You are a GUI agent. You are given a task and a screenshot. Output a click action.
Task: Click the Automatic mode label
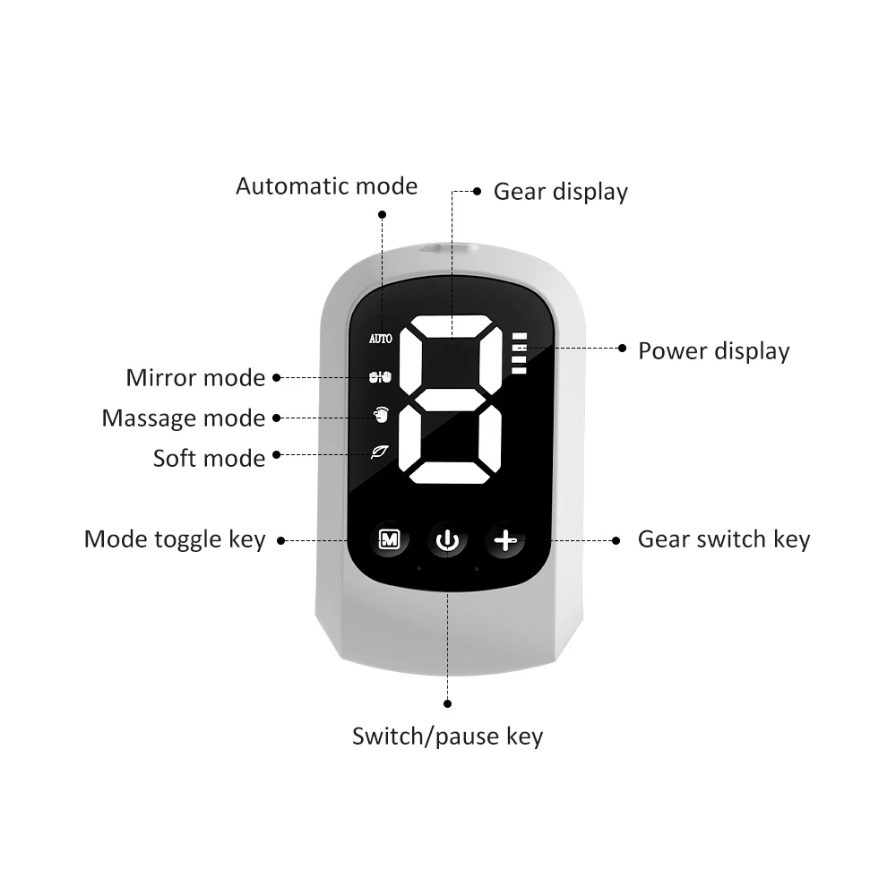[x=326, y=186]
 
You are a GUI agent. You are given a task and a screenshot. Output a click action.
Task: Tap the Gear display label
[x=561, y=192]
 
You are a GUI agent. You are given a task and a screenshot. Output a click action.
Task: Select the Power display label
[x=713, y=350]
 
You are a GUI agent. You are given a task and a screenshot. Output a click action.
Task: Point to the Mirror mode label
[x=195, y=378]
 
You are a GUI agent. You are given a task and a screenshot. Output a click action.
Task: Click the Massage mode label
[x=184, y=418]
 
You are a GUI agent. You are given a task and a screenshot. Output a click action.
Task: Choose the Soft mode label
[x=209, y=459]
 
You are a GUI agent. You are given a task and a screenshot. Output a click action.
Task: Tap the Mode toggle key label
[x=175, y=539]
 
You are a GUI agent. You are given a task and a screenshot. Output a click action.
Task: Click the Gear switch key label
[x=723, y=539]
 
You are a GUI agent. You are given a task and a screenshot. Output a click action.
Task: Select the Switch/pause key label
[x=447, y=737]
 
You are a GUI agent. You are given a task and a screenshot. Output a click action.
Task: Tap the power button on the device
[x=447, y=540]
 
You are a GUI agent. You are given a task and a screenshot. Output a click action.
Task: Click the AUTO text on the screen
[x=381, y=340]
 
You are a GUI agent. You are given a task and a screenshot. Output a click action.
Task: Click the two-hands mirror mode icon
[x=381, y=378]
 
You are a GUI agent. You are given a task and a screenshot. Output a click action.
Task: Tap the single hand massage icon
[x=381, y=415]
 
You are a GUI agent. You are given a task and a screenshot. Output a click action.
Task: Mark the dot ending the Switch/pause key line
[x=447, y=704]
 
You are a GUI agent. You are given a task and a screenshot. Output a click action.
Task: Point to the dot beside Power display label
[x=623, y=349]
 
